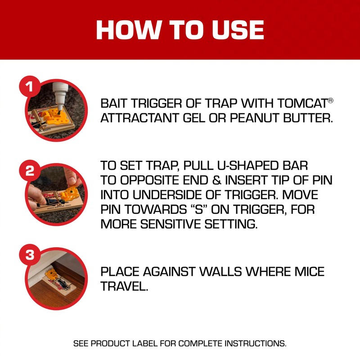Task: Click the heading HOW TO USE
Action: pyautogui.click(x=180, y=30)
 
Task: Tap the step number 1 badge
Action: pyautogui.click(x=30, y=86)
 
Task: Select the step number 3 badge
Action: pyautogui.click(x=30, y=256)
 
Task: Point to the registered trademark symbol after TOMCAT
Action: pyautogui.click(x=330, y=100)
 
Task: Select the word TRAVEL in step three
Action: pyautogui.click(x=124, y=287)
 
